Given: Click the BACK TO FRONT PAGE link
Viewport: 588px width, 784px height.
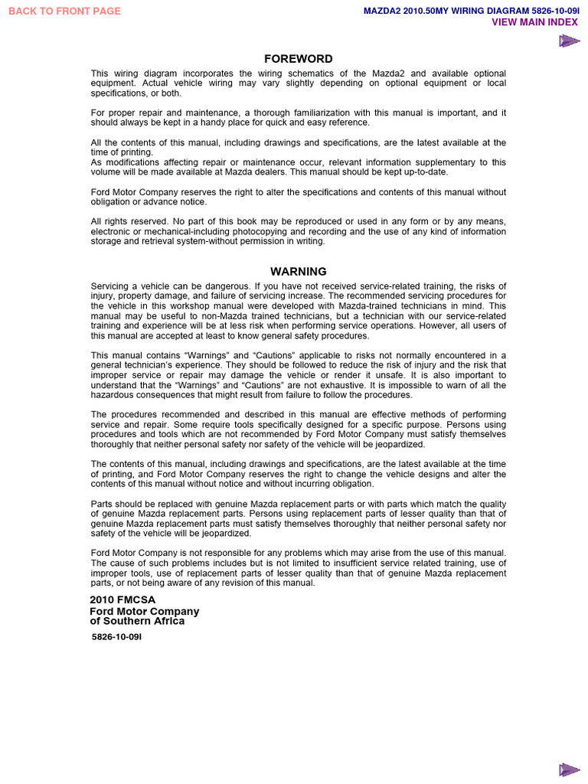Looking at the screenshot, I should pyautogui.click(x=64, y=11).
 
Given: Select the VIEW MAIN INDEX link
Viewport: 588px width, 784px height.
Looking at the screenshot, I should pyautogui.click(x=534, y=22).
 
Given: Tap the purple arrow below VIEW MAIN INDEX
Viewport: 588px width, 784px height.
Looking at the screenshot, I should pyautogui.click(x=568, y=41).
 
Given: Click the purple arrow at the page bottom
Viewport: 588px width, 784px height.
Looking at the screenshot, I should pyautogui.click(x=568, y=769).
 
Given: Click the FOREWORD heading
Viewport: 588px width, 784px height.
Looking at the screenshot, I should pyautogui.click(x=299, y=59).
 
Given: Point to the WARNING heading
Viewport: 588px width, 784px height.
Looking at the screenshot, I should pyautogui.click(x=299, y=271).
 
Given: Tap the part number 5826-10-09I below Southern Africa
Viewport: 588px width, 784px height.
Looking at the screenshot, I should pyautogui.click(x=117, y=636).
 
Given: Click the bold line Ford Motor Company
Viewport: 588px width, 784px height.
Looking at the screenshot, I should pyautogui.click(x=144, y=611).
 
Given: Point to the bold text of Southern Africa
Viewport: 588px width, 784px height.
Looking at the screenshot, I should pyautogui.click(x=137, y=621).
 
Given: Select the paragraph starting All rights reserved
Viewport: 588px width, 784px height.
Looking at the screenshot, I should pyautogui.click(x=299, y=231).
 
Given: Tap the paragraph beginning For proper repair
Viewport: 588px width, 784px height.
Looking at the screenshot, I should pyautogui.click(x=299, y=117).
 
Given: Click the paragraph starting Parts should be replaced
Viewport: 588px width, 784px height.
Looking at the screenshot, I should pyautogui.click(x=299, y=518).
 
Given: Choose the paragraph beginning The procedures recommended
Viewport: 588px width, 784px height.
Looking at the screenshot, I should pyautogui.click(x=299, y=430).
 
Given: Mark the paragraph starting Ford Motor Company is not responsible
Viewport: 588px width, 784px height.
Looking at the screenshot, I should pyautogui.click(x=299, y=567).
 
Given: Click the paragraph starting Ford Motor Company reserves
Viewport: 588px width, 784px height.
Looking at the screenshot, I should pyautogui.click(x=299, y=197).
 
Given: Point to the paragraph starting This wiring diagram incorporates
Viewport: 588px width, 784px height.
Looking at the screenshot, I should pyautogui.click(x=299, y=83).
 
